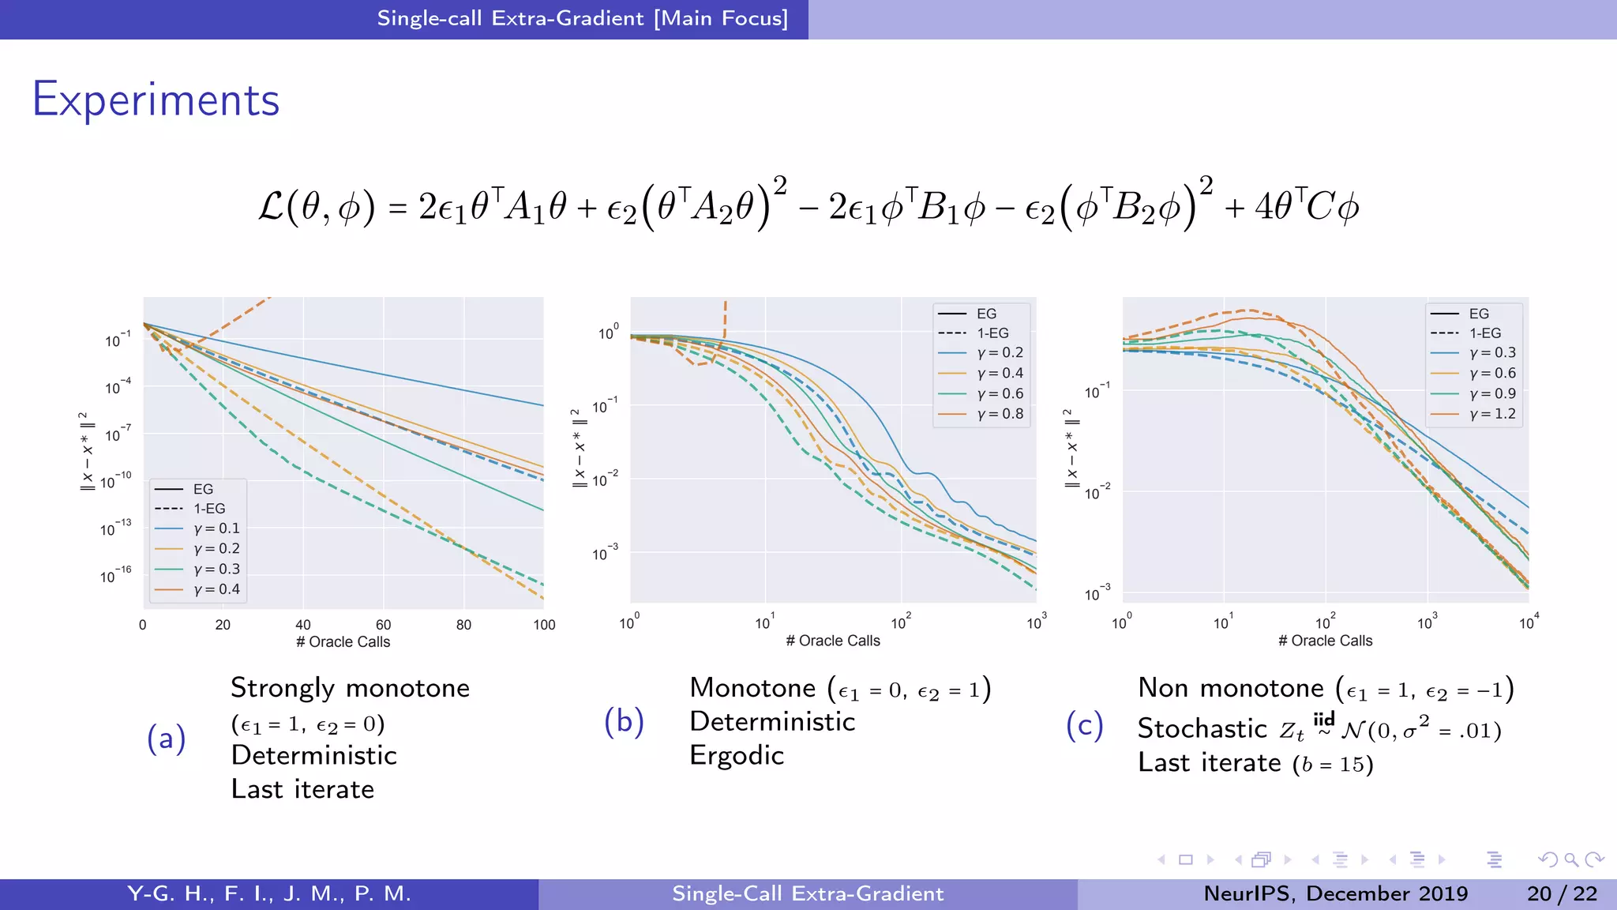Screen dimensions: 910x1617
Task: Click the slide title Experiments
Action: (156, 100)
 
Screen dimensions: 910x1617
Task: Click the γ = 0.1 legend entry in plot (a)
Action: (216, 528)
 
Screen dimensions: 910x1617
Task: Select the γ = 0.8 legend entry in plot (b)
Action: (999, 414)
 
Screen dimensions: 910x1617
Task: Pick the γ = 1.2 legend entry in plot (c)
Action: (1491, 414)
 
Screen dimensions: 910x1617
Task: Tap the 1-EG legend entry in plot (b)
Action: (992, 333)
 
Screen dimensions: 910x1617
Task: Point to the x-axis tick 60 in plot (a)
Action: (383, 625)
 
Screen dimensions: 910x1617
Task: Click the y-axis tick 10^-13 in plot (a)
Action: (115, 528)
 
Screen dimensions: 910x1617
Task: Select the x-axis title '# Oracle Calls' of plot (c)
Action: (1325, 641)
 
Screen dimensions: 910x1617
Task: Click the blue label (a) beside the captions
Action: (167, 739)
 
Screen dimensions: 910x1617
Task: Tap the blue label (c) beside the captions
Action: (1084, 725)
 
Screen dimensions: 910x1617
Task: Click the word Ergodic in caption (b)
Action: (736, 756)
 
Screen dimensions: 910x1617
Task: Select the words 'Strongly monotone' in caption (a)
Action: (350, 688)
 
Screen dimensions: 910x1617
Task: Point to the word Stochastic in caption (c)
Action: (1202, 728)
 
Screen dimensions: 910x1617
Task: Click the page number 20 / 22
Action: (1562, 893)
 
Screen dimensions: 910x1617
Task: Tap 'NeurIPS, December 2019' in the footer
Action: (1335, 893)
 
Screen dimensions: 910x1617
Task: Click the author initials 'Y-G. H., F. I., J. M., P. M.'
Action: (269, 893)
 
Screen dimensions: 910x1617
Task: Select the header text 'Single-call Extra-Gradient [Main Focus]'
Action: (582, 18)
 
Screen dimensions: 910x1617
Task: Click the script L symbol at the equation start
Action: (271, 208)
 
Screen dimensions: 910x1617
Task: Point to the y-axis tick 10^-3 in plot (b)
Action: (605, 553)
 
